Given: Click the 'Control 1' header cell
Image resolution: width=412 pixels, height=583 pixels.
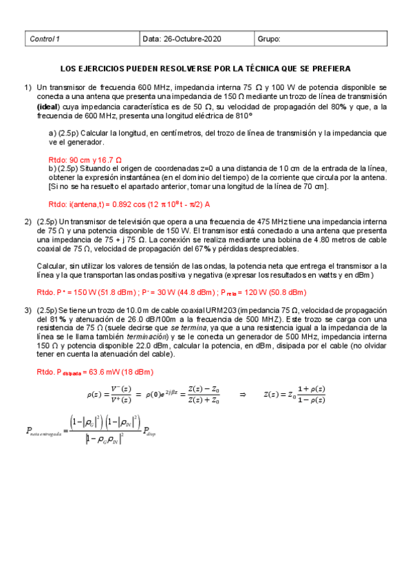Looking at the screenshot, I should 45,39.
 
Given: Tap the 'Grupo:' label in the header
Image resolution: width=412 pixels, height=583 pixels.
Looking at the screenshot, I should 269,39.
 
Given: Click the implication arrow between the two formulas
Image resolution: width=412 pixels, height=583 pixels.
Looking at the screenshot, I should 242,395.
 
